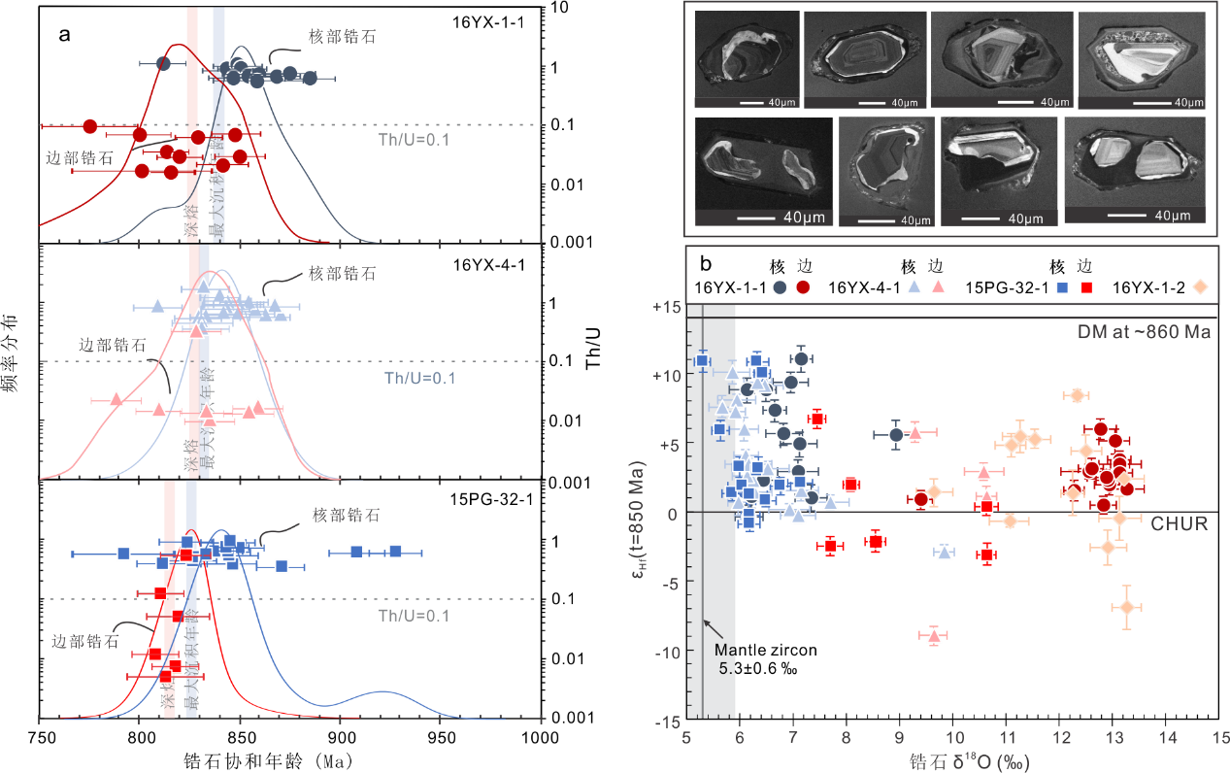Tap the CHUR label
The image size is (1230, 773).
tap(1180, 523)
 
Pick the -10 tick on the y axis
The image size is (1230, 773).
tap(665, 653)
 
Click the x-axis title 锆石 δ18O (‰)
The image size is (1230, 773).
tap(954, 760)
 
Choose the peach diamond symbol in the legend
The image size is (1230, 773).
tap(1200, 286)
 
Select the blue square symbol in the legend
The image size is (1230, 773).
tap(1063, 286)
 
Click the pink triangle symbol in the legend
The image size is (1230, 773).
tap(938, 286)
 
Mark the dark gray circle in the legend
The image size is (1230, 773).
tap(780, 286)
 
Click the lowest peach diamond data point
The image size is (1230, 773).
tap(1126, 607)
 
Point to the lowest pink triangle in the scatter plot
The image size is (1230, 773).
tap(934, 636)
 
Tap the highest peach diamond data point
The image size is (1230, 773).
tap(1076, 395)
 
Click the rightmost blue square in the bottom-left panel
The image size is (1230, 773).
tap(395, 552)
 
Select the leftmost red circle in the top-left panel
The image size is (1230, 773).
tap(89, 126)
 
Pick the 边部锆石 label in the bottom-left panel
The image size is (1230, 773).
tap(85, 641)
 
